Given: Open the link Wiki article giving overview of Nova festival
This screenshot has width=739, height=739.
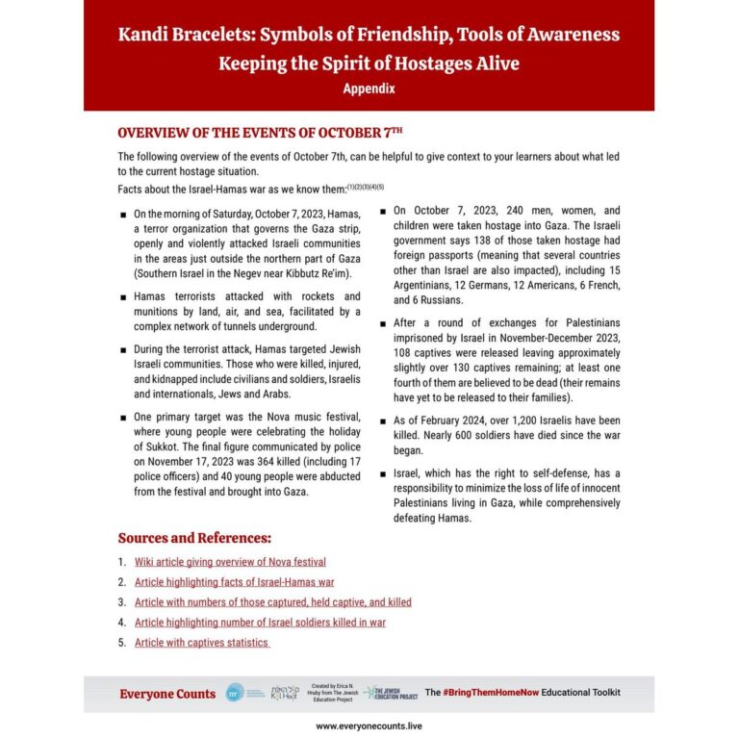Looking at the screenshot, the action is [x=230, y=562].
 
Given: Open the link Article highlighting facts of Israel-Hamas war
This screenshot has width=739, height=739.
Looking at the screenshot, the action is [x=234, y=582].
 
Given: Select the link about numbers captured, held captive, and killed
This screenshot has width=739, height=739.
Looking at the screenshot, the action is [x=272, y=602].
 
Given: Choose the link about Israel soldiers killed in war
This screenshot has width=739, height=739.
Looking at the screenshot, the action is [x=260, y=623].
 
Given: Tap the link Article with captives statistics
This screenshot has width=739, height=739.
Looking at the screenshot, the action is [x=201, y=643].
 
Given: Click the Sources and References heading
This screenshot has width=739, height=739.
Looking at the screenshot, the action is [x=194, y=537].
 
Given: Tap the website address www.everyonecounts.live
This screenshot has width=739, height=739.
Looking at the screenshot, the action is [x=369, y=726].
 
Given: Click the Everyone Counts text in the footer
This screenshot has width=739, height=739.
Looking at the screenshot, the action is [x=167, y=694].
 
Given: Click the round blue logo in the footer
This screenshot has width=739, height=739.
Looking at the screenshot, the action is [x=234, y=693].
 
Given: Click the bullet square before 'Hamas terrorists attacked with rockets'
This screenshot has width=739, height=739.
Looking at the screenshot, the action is [x=122, y=297].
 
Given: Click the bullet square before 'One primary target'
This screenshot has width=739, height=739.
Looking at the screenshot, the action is [x=122, y=417].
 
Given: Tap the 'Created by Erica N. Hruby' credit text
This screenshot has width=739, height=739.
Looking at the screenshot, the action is [x=333, y=693].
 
